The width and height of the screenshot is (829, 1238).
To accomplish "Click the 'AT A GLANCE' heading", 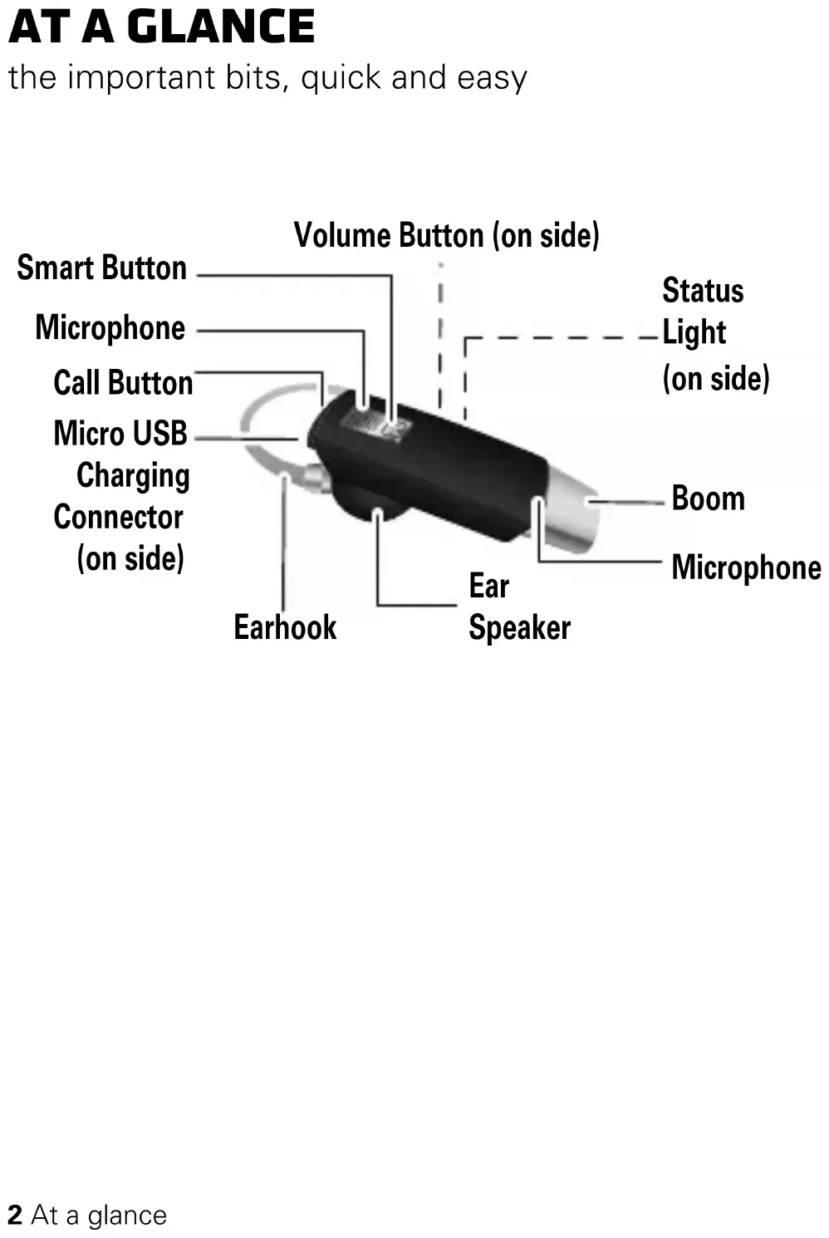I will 161,27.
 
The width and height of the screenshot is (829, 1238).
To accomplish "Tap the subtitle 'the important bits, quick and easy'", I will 267,77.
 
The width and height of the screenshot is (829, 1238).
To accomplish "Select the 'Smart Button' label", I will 101,268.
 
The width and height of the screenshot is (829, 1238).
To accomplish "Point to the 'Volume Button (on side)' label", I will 446,235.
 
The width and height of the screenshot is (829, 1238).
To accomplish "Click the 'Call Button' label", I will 123,383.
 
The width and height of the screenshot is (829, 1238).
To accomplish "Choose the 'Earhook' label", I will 285,627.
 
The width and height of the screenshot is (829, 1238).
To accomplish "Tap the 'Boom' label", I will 708,499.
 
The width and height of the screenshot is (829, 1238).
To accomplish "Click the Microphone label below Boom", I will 746,567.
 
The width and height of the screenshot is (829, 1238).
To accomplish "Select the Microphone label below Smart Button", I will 110,327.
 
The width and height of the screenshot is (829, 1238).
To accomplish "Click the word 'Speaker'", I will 519,627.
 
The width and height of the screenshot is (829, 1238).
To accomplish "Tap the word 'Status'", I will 703,291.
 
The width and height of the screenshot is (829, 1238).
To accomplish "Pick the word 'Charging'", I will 133,476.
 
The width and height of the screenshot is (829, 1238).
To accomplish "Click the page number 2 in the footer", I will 15,1215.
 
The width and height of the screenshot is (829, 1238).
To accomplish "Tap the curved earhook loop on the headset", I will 262,415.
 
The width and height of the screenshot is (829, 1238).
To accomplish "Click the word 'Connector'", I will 118,517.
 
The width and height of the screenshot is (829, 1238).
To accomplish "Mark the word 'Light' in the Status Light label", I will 694,332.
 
